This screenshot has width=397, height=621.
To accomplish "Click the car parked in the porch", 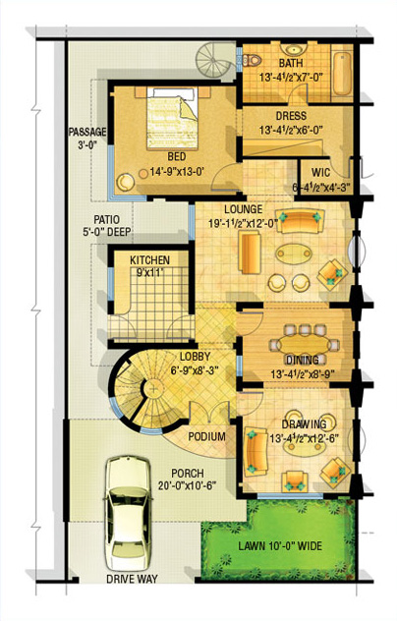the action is point(129,513).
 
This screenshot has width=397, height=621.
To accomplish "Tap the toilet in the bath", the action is point(252,61).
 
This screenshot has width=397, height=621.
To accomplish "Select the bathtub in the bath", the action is point(342,74).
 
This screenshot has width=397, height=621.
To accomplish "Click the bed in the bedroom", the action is point(172,118).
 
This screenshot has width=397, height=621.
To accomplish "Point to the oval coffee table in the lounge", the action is point(294,254).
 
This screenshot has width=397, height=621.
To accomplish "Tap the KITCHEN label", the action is point(149,260).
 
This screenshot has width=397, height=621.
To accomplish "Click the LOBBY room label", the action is point(195,356).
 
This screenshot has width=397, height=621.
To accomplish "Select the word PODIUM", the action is point(206,436).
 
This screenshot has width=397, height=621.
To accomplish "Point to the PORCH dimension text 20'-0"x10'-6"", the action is point(188,485).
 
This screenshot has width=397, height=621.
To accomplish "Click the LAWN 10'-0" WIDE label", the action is point(280,545).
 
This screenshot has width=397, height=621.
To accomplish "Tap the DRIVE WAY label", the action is point(132,579).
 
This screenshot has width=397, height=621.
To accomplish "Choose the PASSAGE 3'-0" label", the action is point(87,138).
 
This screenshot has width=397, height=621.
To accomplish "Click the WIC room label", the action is point(320,173).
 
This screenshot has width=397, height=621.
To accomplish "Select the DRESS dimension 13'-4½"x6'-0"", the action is point(291,130).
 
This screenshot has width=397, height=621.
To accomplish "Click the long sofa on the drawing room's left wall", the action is point(255,452).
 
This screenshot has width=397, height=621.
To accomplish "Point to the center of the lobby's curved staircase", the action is point(152,388).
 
